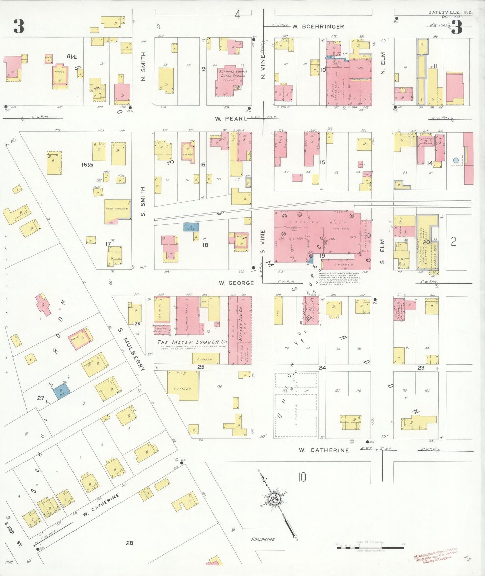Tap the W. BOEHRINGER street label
(318, 27)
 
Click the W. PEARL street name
(231, 119)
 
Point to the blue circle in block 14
(456, 160)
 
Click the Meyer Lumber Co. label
(192, 342)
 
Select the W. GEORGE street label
(236, 283)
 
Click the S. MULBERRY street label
(132, 350)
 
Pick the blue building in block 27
(62, 391)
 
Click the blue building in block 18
(191, 227)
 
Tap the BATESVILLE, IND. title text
(450, 12)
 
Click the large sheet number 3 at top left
(19, 27)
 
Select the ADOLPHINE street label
(263, 539)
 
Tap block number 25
(201, 367)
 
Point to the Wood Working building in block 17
(117, 211)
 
